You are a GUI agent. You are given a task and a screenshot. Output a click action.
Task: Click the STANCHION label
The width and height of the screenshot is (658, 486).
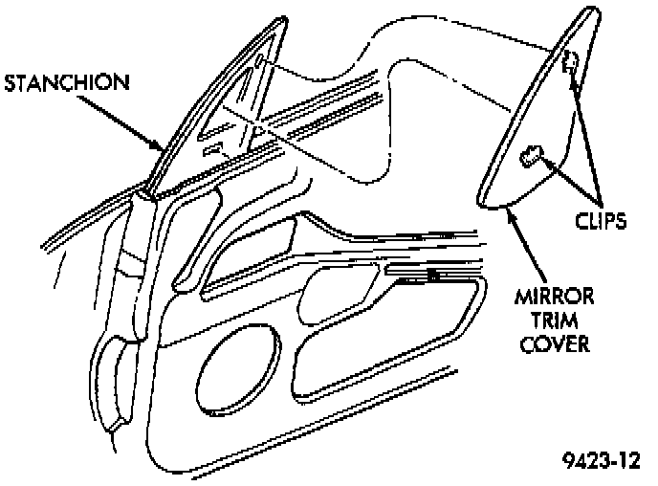[66, 81]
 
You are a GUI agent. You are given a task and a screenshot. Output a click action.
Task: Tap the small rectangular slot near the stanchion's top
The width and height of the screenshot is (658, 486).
[261, 61]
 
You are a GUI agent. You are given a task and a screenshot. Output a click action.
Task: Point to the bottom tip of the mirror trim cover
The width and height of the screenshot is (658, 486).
[483, 198]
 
